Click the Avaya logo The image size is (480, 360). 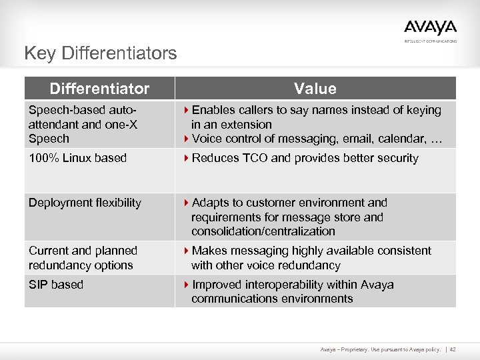tap(430, 29)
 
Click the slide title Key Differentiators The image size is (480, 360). tap(100, 53)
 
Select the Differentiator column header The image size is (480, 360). tap(99, 89)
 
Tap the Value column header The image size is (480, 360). tap(315, 89)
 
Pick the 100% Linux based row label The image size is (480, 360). tap(77, 159)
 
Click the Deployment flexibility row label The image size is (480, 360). tap(85, 203)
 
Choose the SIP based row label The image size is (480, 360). tap(56, 285)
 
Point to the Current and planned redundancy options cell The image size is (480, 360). tap(83, 258)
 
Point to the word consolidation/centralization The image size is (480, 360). tap(263, 231)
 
